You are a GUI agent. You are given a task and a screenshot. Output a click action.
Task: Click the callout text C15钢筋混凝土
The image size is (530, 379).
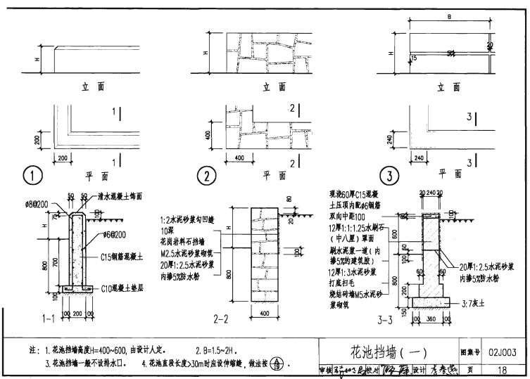point(125,258)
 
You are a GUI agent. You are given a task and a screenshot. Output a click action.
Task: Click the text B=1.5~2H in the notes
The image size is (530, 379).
point(220,350)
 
